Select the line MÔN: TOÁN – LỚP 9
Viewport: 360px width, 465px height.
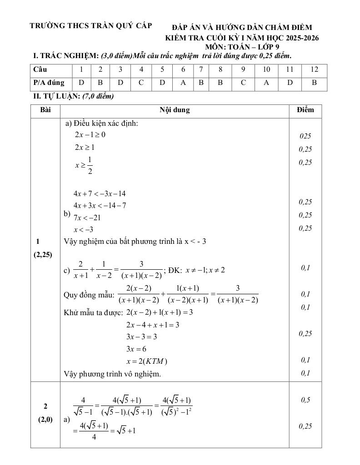coord(242,46)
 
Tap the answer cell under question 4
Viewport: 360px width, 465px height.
coord(141,83)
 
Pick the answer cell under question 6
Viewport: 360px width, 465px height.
coord(183,83)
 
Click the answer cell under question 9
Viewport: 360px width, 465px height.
coord(243,83)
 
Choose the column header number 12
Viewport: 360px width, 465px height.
coord(314,69)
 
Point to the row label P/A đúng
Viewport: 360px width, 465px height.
coord(49,83)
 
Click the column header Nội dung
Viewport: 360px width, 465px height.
coord(175,110)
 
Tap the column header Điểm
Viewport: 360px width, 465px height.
coord(305,110)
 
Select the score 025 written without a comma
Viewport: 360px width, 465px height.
coord(305,136)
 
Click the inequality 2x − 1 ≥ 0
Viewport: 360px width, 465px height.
coord(90,134)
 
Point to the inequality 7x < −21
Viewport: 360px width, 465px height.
coord(87,218)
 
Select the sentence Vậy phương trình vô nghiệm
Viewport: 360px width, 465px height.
coord(113,374)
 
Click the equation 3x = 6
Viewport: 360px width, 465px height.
coord(136,349)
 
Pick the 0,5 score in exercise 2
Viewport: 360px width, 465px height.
coord(305,400)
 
